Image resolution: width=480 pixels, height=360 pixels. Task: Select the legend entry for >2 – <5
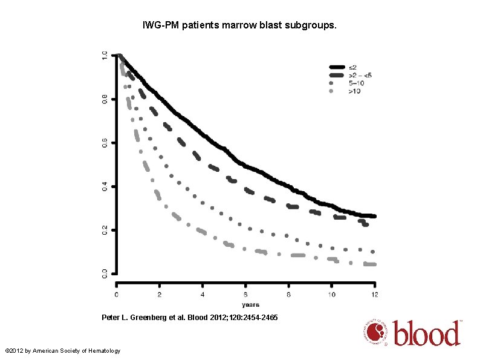[360, 75]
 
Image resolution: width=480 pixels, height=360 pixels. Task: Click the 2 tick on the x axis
[160, 294]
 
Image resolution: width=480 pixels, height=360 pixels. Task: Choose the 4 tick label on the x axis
[203, 294]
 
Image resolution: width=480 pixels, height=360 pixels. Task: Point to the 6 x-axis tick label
[245, 294]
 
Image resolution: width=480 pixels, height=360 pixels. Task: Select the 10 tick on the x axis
[331, 294]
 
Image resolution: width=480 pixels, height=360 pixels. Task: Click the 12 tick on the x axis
[374, 294]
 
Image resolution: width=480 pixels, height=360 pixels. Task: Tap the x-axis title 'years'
[250, 304]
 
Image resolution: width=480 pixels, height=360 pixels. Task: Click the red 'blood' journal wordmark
[427, 333]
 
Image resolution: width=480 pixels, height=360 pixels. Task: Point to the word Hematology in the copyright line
[103, 351]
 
